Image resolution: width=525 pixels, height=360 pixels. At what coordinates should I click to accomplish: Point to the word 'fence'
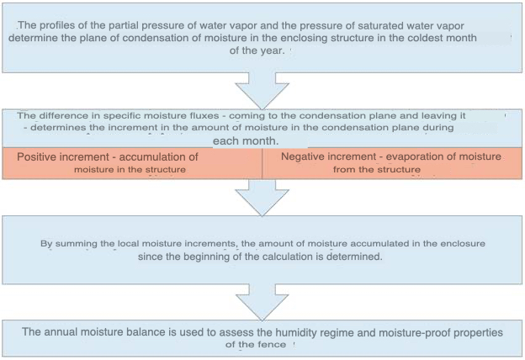point(273,344)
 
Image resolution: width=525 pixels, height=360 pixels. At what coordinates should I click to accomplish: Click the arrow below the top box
point(262,91)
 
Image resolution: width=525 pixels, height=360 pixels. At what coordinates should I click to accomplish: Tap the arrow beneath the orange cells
point(262,198)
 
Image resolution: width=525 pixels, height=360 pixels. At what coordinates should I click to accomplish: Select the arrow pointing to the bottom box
point(262,302)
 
